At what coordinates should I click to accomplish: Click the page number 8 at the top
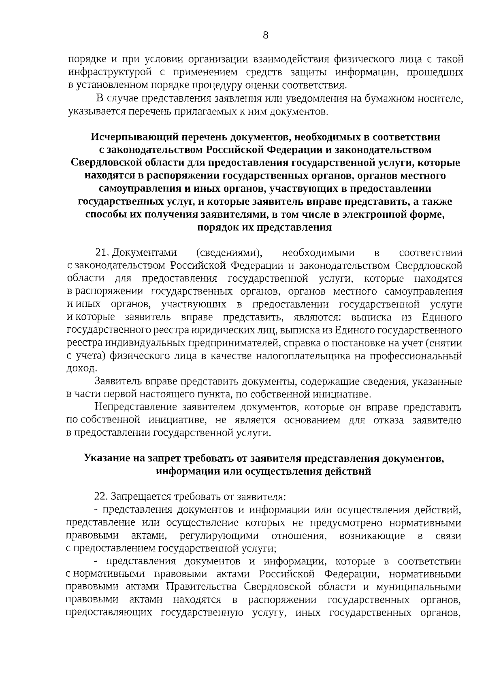(x=266, y=35)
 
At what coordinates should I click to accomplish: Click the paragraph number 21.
(x=101, y=253)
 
